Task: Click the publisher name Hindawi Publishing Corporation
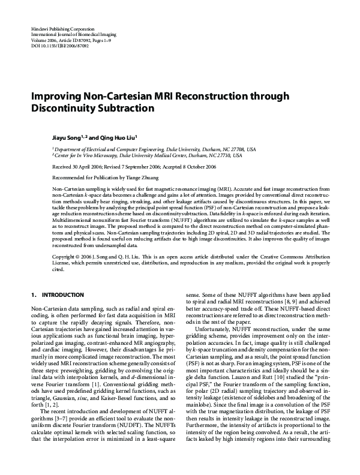tap(62, 29)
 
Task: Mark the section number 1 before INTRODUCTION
tap(32, 296)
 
